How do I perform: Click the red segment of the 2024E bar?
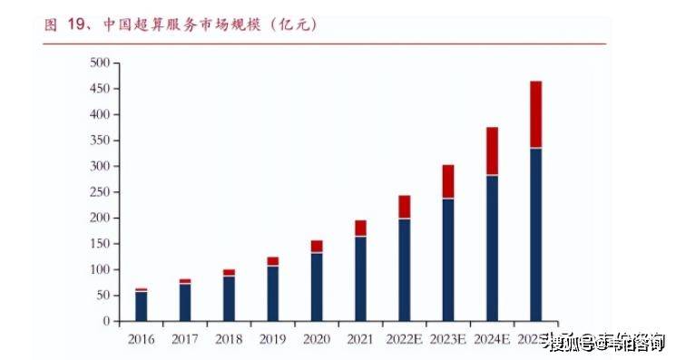[492, 151]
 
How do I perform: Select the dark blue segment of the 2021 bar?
[360, 278]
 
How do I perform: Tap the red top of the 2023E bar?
[448, 181]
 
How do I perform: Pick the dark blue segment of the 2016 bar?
[141, 306]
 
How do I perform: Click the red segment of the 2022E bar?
[404, 207]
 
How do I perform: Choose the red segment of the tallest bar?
[535, 114]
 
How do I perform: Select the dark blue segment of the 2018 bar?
[229, 298]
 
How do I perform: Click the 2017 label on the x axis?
[185, 339]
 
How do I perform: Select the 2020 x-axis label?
[317, 339]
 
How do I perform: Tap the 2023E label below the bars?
[448, 339]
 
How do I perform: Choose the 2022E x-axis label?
[404, 339]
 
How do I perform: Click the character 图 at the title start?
[51, 25]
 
